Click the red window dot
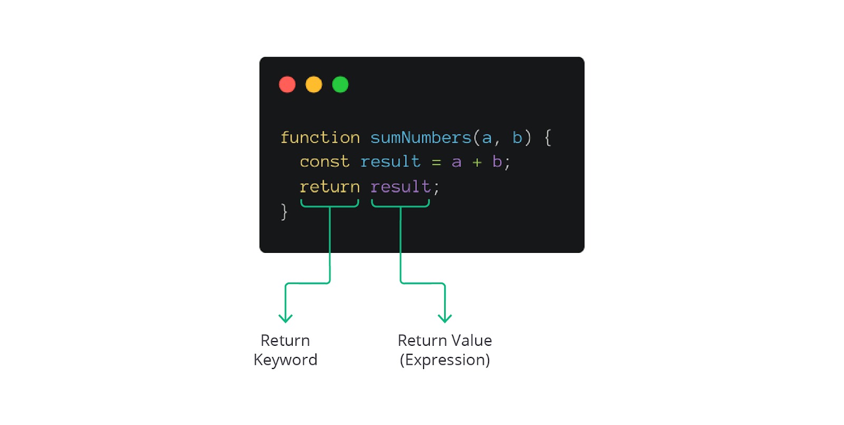coord(287,84)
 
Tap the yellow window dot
coord(314,84)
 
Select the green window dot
coord(340,84)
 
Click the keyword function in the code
coord(320,138)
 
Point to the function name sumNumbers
coord(420,138)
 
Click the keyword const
coord(324,162)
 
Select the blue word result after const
coord(390,162)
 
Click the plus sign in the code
coord(477,163)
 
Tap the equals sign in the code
coord(436,163)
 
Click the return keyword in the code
coord(330,187)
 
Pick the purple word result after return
coord(400,187)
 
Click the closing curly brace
coord(284,212)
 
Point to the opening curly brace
coord(548,138)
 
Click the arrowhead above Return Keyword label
coord(285,318)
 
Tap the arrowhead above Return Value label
coord(445,318)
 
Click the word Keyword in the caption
coord(285,360)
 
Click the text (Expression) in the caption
coord(445,360)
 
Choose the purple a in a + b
coord(456,163)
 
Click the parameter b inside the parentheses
coord(517,138)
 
